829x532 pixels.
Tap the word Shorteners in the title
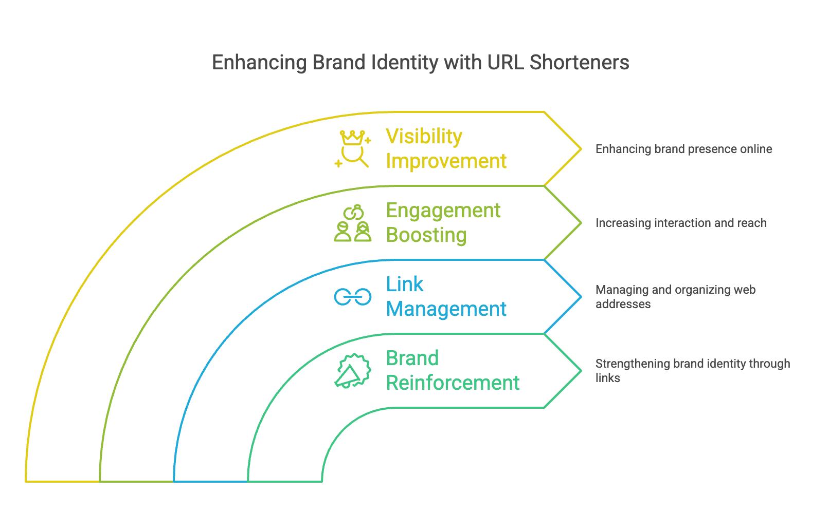click(579, 63)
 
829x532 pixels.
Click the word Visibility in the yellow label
click(424, 137)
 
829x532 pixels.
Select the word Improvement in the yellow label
click(446, 161)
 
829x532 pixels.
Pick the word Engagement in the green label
click(443, 211)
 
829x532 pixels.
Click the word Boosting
click(426, 235)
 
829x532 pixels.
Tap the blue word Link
click(405, 284)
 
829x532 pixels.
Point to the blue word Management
click(446, 309)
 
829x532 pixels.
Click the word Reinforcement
click(453, 383)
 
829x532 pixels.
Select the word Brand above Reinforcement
click(412, 358)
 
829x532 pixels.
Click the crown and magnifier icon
click(353, 148)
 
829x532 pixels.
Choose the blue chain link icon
click(353, 297)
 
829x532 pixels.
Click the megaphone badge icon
click(353, 371)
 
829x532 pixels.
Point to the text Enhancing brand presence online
click(683, 149)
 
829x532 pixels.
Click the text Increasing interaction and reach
click(680, 223)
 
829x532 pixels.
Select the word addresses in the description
click(623, 304)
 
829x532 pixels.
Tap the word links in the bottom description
click(607, 378)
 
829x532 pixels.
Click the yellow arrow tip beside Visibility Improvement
click(581, 149)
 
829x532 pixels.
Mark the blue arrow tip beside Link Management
click(581, 297)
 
